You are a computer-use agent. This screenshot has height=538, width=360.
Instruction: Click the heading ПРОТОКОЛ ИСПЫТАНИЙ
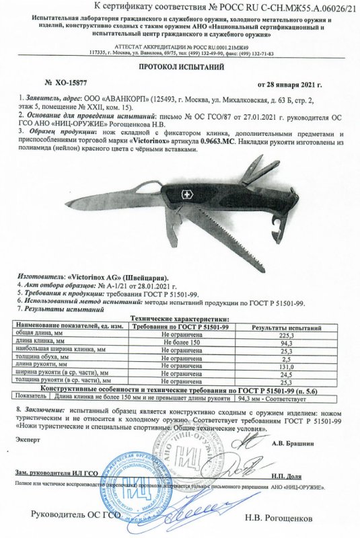180,68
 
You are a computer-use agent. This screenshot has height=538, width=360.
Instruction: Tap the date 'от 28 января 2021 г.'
291,85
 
